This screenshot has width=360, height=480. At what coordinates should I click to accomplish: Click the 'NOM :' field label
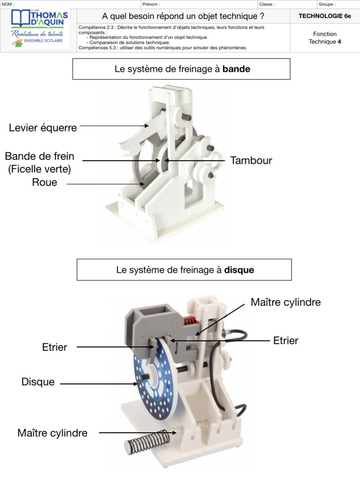coord(8,4)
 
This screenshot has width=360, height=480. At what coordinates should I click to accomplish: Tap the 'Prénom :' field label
coord(150,4)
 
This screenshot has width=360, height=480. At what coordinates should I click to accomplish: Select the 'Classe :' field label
coord(267,4)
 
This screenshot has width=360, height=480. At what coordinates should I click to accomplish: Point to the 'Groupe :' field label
coord(327,4)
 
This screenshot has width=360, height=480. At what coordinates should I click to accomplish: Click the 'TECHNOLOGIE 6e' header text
coord(325,16)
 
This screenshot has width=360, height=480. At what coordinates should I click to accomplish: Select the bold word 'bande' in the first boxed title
coord(236,69)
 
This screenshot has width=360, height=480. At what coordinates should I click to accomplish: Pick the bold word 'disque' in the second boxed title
coord(239,270)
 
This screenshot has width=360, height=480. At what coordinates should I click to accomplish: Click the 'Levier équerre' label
coord(43,127)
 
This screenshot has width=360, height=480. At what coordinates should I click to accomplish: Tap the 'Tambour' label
coord(251,161)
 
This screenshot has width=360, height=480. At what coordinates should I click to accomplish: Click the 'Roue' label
coord(45,182)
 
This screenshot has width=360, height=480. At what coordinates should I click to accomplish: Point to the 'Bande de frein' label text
coord(40,156)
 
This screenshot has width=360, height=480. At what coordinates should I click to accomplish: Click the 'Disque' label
coord(38,382)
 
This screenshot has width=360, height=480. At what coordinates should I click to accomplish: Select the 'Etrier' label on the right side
coord(285,340)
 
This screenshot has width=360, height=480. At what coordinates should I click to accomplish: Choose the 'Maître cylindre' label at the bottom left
coord(52,433)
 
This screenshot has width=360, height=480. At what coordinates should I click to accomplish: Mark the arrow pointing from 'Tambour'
coord(195,161)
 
